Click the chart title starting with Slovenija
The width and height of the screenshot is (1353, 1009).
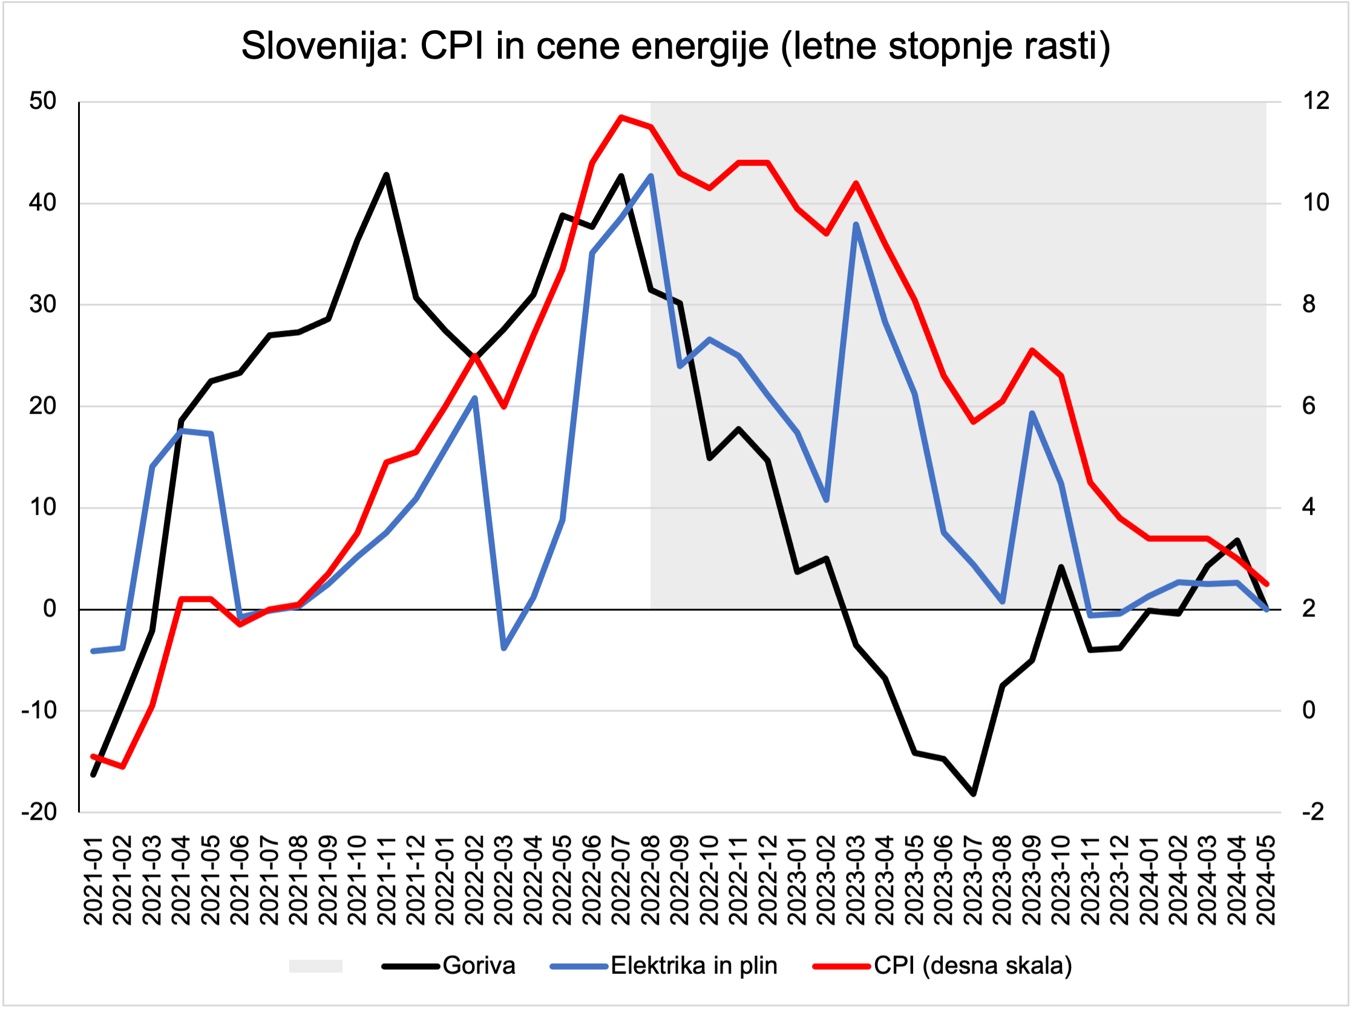[675, 47]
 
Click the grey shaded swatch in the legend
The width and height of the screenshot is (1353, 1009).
[315, 966]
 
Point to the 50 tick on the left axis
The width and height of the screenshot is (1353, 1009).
[43, 102]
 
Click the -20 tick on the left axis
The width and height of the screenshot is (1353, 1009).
[39, 812]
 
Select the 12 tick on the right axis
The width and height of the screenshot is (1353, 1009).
[1315, 102]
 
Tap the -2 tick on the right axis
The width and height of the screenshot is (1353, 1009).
[1312, 812]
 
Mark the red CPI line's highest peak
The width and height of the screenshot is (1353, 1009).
[621, 117]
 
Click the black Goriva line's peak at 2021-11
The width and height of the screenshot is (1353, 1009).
[387, 175]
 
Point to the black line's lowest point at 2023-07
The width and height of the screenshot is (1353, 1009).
[974, 794]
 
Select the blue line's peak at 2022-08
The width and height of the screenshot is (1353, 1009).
[650, 176]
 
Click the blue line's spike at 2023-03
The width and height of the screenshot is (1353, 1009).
[856, 224]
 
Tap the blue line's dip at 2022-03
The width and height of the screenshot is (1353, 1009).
[504, 648]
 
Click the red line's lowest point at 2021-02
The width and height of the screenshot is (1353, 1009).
[123, 766]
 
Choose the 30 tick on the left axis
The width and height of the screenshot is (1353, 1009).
[43, 304]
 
